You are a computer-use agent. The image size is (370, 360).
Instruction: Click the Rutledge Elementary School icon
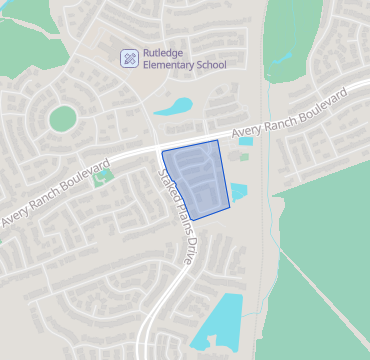point(129,59)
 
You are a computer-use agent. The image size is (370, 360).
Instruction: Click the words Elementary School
point(185,66)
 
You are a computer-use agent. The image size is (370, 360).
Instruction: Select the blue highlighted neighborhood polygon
point(195,180)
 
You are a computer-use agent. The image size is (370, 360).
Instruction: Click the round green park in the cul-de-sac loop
point(62,118)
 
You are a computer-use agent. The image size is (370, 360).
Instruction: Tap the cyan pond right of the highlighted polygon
point(239,192)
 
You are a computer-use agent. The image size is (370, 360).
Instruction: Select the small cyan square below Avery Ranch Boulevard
point(246,141)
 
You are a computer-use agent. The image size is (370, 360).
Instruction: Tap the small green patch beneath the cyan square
point(244,156)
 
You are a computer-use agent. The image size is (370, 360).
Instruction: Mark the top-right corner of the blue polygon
point(218,141)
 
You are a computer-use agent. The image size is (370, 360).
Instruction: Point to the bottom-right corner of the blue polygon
point(230,207)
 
